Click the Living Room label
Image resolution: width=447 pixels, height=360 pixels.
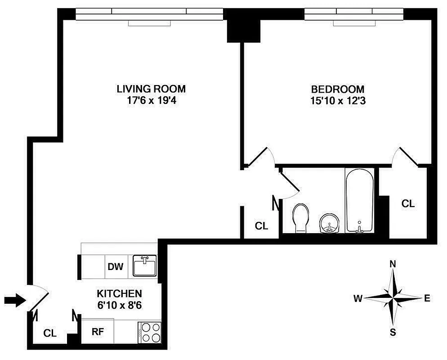[151, 89]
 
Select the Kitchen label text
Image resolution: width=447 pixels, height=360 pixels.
[120, 293]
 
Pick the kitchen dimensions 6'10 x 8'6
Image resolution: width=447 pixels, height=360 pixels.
[120, 304]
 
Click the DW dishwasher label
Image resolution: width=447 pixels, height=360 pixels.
[115, 266]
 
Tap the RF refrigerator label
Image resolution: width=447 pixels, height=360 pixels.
[98, 332]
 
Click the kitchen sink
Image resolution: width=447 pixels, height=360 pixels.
[144, 266]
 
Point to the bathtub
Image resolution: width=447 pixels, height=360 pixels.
[359, 200]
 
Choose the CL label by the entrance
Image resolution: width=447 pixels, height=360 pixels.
[50, 333]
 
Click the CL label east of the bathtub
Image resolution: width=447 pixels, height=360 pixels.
[408, 203]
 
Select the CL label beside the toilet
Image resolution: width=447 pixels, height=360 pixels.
[261, 226]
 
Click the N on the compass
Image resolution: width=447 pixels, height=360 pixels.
[393, 264]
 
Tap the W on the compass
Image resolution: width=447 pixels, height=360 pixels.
[358, 298]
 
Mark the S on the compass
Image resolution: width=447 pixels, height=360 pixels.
[393, 333]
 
